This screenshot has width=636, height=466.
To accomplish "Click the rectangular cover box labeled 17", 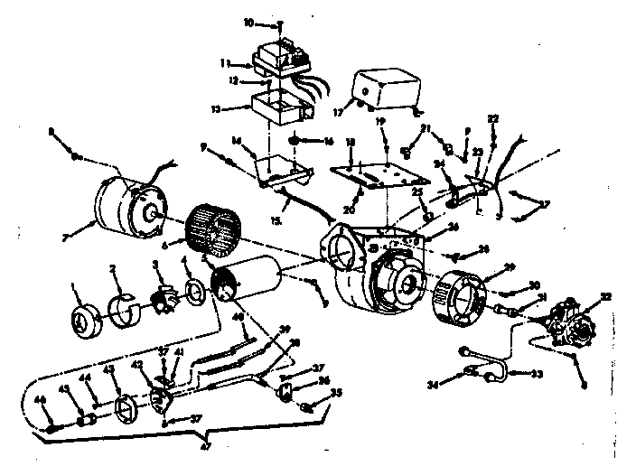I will (386, 89).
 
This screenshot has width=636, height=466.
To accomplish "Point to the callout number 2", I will (114, 268).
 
